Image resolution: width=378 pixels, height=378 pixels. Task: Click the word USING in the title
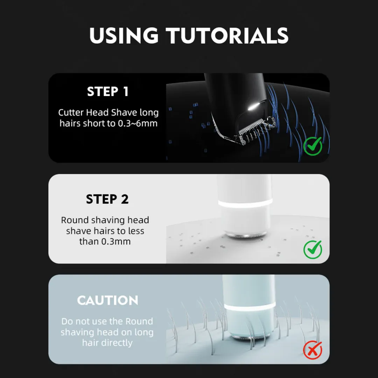point(124,35)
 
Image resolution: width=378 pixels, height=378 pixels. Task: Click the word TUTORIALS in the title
point(227,35)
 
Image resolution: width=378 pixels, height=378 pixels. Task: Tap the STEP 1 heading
point(108,91)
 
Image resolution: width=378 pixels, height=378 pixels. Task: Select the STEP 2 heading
point(107,199)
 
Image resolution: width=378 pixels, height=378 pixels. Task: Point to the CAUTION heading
point(107,300)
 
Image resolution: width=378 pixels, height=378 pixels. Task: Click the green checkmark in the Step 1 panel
point(313,146)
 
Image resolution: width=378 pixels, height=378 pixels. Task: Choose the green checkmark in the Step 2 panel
point(313,250)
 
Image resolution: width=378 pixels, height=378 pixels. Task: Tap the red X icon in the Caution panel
point(313,350)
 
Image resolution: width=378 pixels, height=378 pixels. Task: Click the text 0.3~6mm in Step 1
point(138,124)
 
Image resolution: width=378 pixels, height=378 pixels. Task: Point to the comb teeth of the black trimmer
point(255,130)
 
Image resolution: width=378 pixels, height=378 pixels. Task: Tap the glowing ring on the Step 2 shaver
point(245,203)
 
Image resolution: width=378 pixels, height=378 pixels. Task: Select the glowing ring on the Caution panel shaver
point(250,307)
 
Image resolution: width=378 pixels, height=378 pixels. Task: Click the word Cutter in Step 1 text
point(71,113)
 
